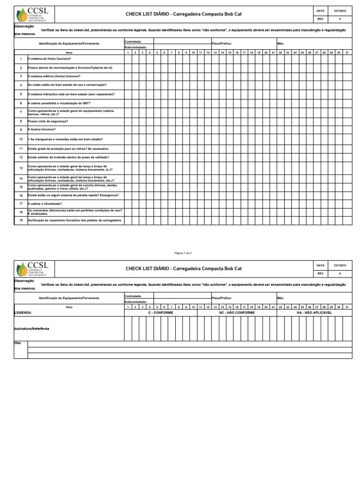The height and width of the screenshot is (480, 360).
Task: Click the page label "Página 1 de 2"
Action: [183, 253]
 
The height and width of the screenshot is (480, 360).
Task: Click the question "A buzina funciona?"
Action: [42, 129]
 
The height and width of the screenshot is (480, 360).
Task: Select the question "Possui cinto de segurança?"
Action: [48, 121]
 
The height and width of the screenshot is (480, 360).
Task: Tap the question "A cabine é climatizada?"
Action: [45, 203]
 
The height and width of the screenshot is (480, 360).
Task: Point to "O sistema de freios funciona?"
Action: [50, 59]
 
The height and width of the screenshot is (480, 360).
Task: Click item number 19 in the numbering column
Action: [21, 220]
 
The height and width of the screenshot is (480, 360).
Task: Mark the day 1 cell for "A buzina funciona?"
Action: [128, 129]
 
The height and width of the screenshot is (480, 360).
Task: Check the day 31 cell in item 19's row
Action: [346, 220]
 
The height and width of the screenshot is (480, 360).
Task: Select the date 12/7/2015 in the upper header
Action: [339, 10]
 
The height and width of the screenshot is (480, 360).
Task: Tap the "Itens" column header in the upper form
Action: [69, 52]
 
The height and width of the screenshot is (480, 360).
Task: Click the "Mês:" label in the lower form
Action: [281, 298]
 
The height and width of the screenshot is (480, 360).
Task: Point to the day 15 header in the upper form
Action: [230, 52]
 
